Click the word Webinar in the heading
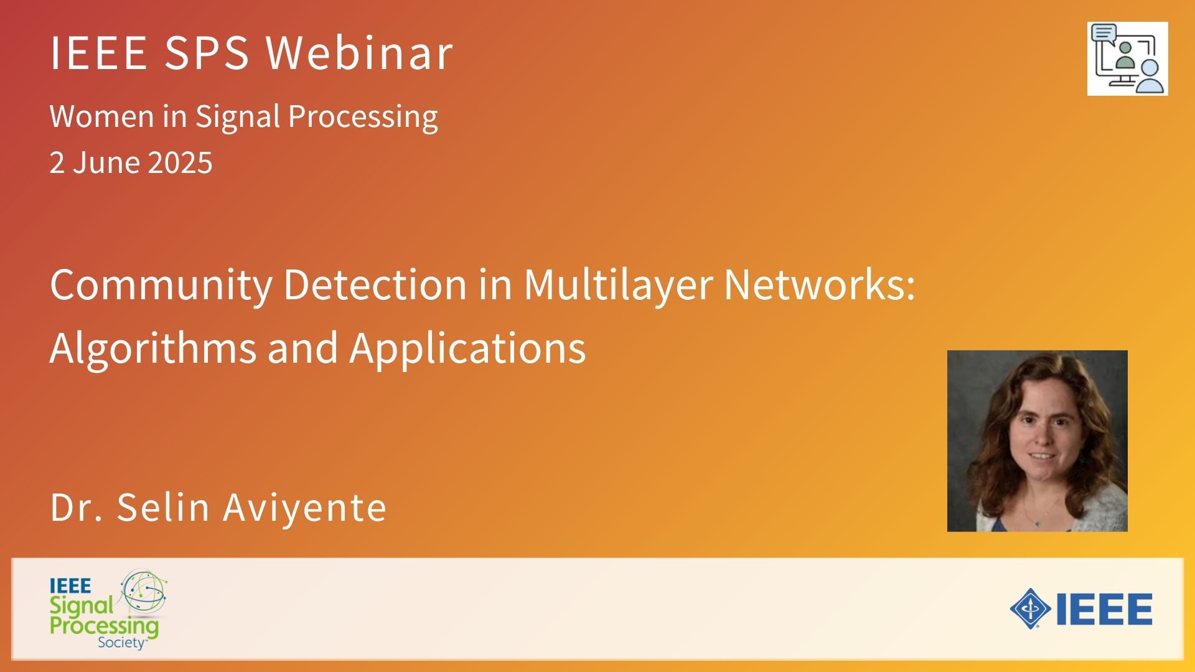[360, 52]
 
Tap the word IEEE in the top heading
[98, 52]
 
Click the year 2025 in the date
[180, 163]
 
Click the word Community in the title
[161, 286]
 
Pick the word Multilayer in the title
[618, 286]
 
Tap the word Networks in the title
[820, 285]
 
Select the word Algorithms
[153, 348]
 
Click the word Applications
[468, 348]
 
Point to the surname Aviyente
[305, 507]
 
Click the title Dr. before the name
[77, 507]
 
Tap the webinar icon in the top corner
[1127, 58]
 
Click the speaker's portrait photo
[1037, 441]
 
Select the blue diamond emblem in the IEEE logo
[1031, 609]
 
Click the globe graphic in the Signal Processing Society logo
[144, 591]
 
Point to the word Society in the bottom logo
[122, 643]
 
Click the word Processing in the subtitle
[363, 116]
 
